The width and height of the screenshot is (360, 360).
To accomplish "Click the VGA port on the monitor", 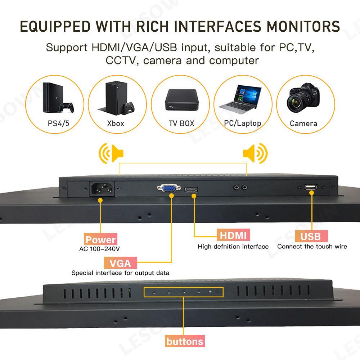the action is tap(169, 188).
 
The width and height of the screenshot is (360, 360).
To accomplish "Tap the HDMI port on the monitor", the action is tap(191, 189).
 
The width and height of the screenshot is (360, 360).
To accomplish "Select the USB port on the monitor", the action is tap(311, 187).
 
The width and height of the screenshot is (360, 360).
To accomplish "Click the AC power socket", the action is tap(102, 189).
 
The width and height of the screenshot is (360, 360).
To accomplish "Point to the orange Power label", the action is tap(100, 239).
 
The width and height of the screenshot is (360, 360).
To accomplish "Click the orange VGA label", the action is tap(120, 263).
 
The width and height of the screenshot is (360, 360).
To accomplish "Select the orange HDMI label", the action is tap(233, 235).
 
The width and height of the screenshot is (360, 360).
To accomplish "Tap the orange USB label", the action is tap(311, 236).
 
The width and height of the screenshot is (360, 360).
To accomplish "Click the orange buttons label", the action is tap(185, 341).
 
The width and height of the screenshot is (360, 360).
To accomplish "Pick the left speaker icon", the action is tap(111, 153).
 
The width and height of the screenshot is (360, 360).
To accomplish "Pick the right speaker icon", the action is tap(255, 153).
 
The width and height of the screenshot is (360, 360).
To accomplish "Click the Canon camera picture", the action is tap(303, 98).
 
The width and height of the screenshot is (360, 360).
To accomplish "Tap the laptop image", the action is tap(240, 99).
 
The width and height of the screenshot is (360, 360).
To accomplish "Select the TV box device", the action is tap(181, 100).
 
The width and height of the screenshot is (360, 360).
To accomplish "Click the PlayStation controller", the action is tap(66, 107).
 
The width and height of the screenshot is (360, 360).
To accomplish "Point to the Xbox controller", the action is tap(128, 108).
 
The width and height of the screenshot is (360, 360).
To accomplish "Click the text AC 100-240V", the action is tap(99, 249).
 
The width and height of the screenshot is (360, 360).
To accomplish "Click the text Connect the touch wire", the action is tap(312, 247).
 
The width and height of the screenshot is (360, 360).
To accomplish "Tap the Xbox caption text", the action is tap(116, 123).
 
